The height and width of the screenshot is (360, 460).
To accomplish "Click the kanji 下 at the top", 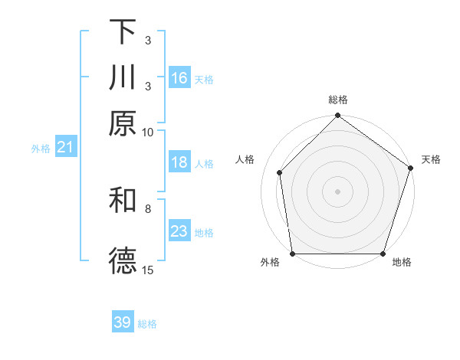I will tap(123, 32).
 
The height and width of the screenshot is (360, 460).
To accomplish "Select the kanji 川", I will tap(123, 77).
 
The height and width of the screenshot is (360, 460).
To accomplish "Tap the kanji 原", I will tap(123, 123).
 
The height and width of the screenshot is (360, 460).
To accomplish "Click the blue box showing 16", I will tap(179, 77).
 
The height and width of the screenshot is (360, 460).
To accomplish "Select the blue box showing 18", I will tap(179, 162).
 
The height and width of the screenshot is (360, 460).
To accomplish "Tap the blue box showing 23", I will tap(179, 231).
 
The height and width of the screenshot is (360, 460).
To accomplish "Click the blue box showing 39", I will tap(123, 322).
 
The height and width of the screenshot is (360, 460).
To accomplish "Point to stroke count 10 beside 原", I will tap(147, 132).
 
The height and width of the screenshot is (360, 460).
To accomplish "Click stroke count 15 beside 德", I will tap(147, 270).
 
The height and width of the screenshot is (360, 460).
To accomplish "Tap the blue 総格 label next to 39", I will tap(147, 324).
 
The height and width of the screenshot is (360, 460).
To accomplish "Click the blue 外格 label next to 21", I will tap(41, 149).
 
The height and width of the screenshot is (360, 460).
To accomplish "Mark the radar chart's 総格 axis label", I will tap(337, 100).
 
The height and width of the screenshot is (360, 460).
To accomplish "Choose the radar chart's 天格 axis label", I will tap(431, 159).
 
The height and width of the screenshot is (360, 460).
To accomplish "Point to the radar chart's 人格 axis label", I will tap(245, 159).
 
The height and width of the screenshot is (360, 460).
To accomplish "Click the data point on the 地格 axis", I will tap(383, 254).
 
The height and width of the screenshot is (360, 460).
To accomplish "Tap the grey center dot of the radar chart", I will tap(337, 191).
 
